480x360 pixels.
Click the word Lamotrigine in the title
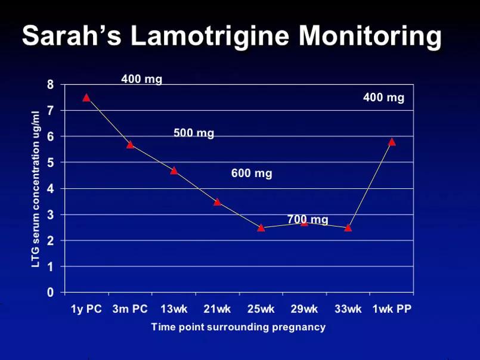pyautogui.click(x=210, y=35)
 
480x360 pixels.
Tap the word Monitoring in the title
pyautogui.click(x=370, y=36)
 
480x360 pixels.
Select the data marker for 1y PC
pyautogui.click(x=86, y=98)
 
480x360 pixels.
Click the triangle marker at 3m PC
pyautogui.click(x=130, y=144)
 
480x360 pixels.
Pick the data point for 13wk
pyautogui.click(x=174, y=170)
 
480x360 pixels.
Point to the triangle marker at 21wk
pyautogui.click(x=218, y=202)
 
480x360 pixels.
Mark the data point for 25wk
pyautogui.click(x=261, y=228)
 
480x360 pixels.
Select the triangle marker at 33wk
pyautogui.click(x=348, y=228)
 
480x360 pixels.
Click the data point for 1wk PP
pyautogui.click(x=392, y=142)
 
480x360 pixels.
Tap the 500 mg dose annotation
pyautogui.click(x=194, y=133)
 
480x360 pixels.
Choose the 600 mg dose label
pyautogui.click(x=252, y=173)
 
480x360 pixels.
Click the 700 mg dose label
pyautogui.click(x=308, y=219)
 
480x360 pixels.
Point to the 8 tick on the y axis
pyautogui.click(x=51, y=85)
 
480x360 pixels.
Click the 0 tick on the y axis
pyautogui.click(x=51, y=293)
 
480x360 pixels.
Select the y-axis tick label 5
pyautogui.click(x=51, y=163)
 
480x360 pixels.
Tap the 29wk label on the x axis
pyautogui.click(x=304, y=309)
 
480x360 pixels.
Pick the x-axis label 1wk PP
pyautogui.click(x=392, y=309)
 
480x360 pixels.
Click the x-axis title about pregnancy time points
pyautogui.click(x=238, y=327)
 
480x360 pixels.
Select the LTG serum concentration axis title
pyautogui.click(x=36, y=189)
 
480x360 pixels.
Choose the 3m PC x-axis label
pyautogui.click(x=130, y=309)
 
